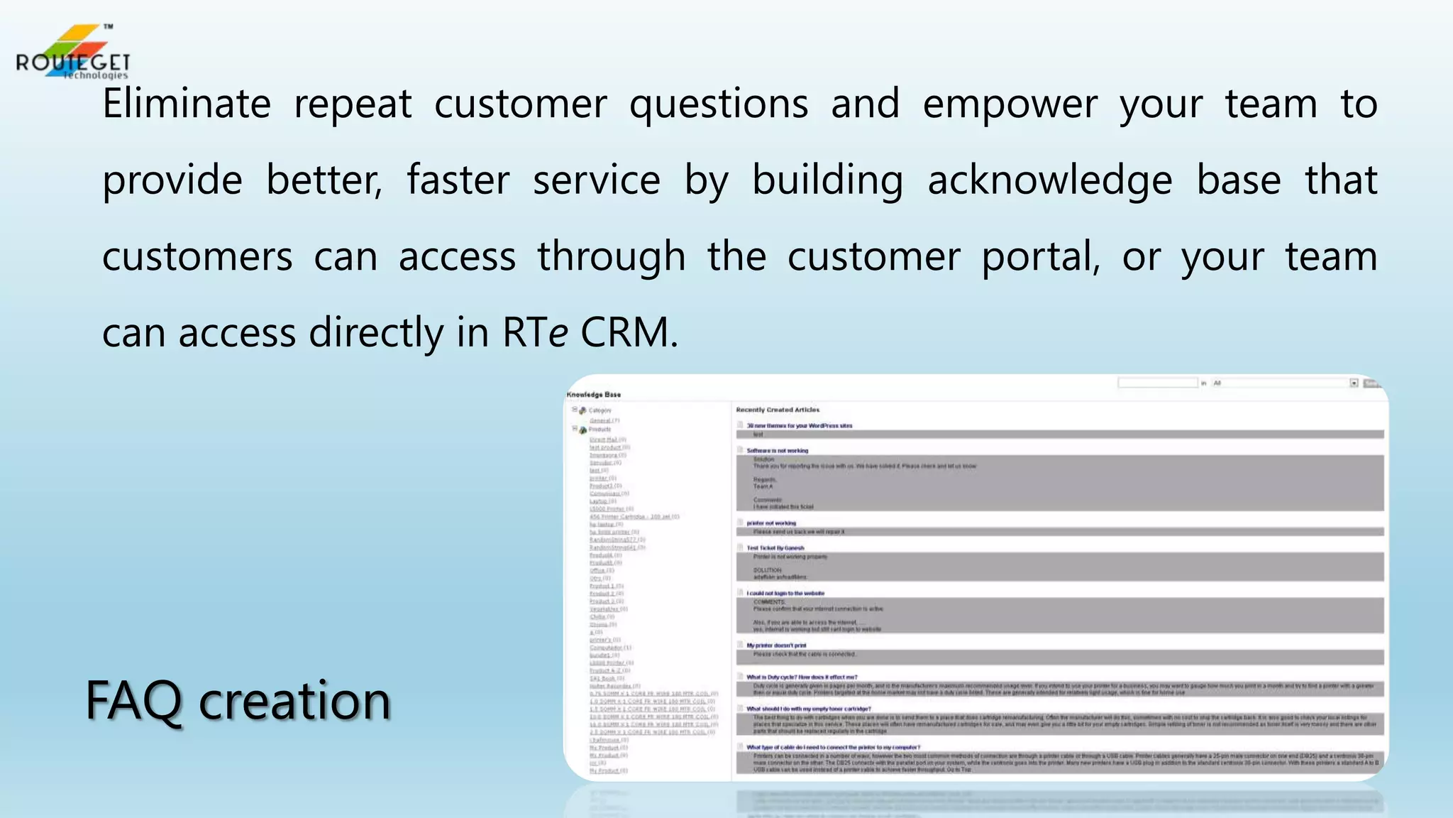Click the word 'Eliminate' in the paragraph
(187, 104)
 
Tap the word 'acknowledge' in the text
(1050, 180)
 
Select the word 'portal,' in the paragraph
(1041, 256)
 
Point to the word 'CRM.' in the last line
(629, 332)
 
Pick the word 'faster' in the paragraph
(458, 180)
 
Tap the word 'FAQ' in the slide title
(133, 701)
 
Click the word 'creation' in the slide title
(294, 701)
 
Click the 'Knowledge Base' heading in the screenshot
(594, 395)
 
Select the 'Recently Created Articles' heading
(778, 410)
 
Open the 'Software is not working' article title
(777, 450)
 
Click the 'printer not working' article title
(771, 523)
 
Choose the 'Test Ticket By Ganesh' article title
(775, 548)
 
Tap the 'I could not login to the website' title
(785, 593)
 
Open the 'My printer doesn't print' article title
(776, 645)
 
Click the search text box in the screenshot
(1157, 383)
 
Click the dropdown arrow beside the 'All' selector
(1354, 383)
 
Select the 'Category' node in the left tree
(600, 410)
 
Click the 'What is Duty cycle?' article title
(802, 677)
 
